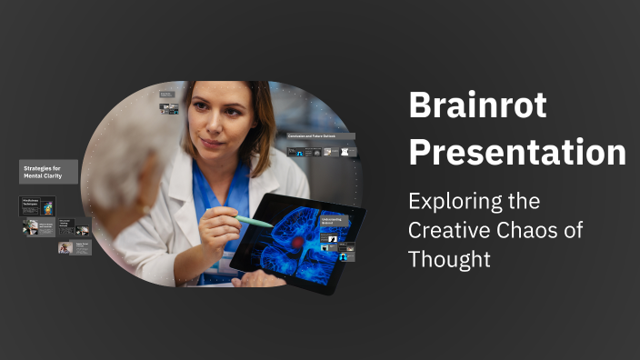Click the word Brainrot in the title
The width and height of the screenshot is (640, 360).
point(477,106)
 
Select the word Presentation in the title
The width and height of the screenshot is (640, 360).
point(517,151)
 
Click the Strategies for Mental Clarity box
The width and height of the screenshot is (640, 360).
point(48,172)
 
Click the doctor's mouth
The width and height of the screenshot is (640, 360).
point(212,144)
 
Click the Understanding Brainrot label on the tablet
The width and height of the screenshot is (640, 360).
point(333,221)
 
